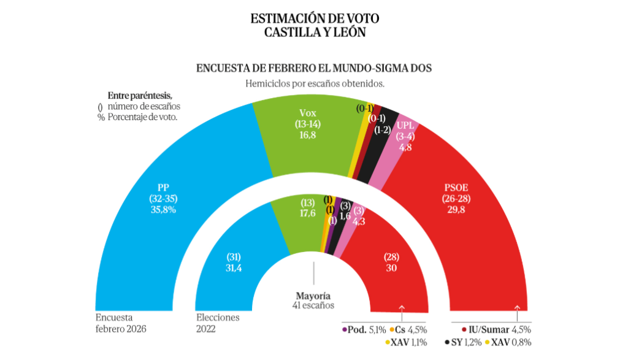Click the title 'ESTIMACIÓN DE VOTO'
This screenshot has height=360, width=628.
314,19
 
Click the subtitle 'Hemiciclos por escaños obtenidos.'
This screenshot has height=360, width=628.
314,83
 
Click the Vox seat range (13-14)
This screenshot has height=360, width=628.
311,123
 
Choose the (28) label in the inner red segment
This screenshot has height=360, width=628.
391,256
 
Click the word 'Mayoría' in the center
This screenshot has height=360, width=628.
313,295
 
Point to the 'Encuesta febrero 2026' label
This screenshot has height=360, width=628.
121,323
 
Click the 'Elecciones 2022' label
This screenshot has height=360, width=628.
218,323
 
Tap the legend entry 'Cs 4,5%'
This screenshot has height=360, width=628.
408,329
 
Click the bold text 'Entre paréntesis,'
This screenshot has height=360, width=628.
140,96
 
